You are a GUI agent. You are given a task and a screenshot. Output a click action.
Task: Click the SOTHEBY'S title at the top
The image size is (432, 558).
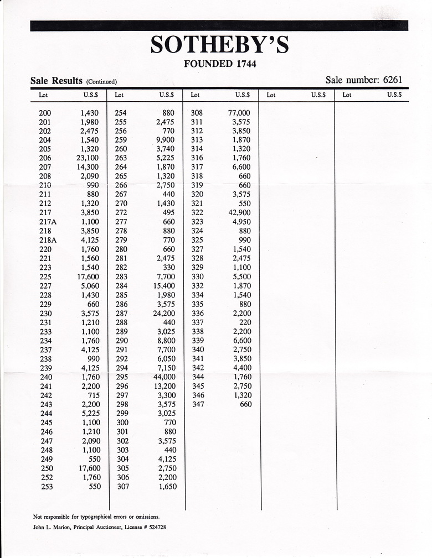pyautogui.click(x=219, y=45)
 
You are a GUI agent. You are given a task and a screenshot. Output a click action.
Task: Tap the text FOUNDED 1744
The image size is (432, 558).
pyautogui.click(x=219, y=64)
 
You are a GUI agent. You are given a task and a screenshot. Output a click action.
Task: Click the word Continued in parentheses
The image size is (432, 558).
pyautogui.click(x=101, y=82)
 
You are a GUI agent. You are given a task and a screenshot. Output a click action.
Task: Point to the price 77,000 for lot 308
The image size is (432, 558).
pyautogui.click(x=239, y=113)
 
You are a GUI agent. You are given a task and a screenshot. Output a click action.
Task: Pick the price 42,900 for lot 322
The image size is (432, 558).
pyautogui.click(x=239, y=212)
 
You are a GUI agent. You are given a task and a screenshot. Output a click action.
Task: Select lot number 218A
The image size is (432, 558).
pyautogui.click(x=49, y=240)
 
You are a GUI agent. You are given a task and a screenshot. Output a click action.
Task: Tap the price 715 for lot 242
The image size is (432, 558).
pyautogui.click(x=92, y=395)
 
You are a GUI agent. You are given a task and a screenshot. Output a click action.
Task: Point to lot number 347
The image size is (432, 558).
pyautogui.click(x=198, y=404)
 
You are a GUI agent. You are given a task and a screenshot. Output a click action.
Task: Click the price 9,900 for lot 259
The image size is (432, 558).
pyautogui.click(x=166, y=140)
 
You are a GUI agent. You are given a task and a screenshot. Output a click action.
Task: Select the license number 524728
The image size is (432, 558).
pyautogui.click(x=154, y=528)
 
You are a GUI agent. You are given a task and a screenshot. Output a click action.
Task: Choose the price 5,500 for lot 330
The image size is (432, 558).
pyautogui.click(x=241, y=277)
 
